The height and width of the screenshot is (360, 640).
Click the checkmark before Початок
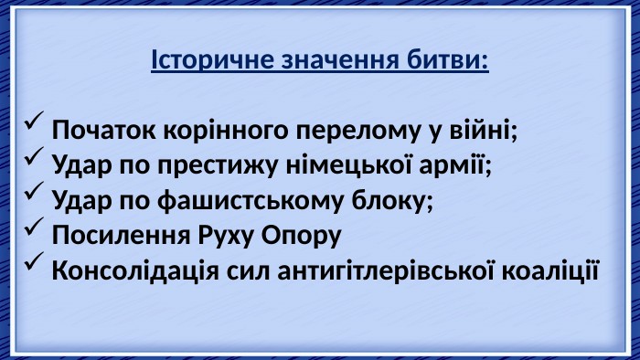coord(34,121)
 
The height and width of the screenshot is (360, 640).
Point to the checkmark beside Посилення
coord(34,226)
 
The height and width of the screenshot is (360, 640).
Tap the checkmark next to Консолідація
coord(34,261)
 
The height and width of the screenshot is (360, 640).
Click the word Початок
coord(103,130)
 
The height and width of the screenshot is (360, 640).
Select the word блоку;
coord(392,200)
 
